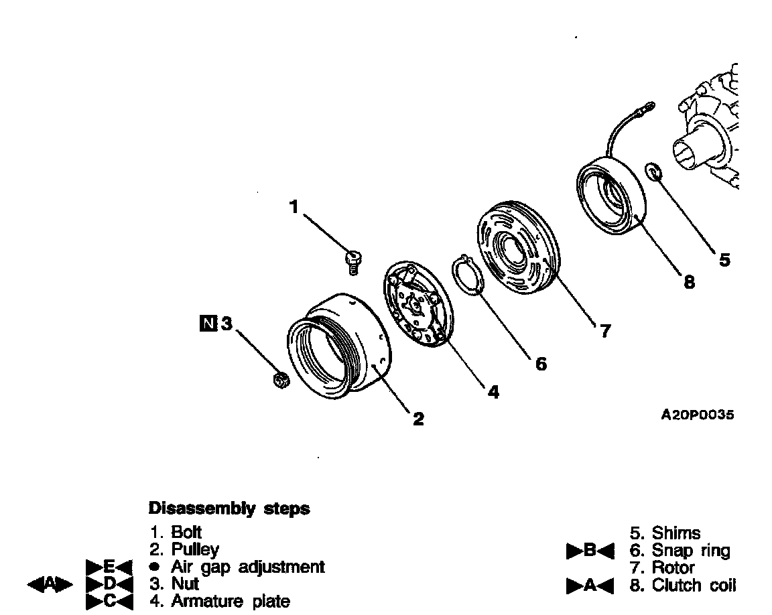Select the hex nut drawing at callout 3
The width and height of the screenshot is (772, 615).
tap(281, 381)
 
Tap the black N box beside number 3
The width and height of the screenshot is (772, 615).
tap(209, 324)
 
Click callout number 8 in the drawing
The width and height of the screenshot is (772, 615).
tap(688, 281)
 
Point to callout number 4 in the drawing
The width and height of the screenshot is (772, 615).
tap(493, 392)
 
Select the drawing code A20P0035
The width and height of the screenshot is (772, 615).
tap(697, 415)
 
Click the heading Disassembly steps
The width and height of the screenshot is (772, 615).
tap(229, 508)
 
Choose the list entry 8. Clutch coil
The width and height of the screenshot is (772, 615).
tap(683, 585)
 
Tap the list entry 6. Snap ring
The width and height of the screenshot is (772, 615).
tap(680, 551)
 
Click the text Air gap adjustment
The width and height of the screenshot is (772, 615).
tap(247, 567)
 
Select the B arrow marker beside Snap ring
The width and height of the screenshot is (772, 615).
tap(590, 551)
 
